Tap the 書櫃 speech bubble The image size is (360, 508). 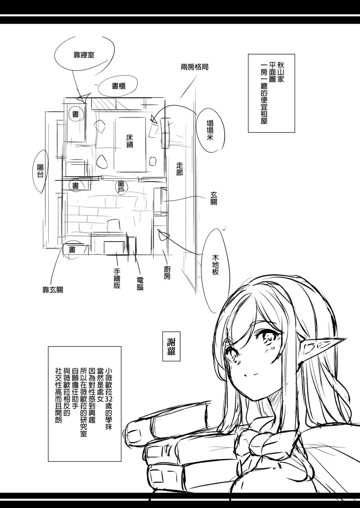(118, 87)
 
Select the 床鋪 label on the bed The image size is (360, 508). (129, 141)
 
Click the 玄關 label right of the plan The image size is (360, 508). (213, 198)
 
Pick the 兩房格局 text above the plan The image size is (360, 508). (195, 67)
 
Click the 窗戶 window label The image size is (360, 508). (121, 186)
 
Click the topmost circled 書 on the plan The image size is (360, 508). (75, 114)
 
